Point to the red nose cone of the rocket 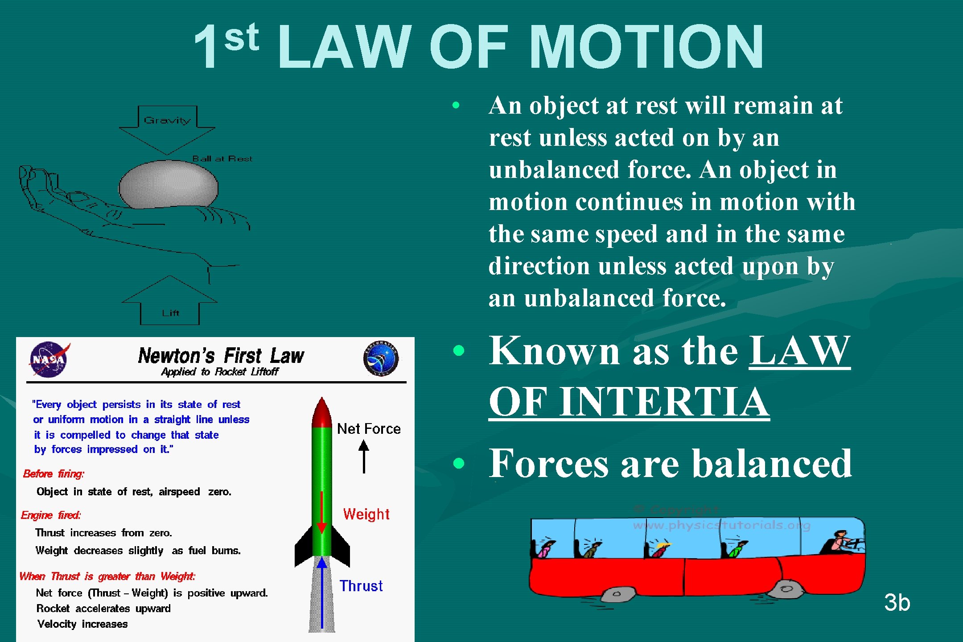321,412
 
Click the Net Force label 369,429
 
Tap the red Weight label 366,514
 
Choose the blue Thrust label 361,586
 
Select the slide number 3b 897,602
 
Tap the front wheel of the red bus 786,589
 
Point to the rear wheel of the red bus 617,594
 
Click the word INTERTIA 664,402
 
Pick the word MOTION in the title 646,47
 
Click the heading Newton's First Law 221,356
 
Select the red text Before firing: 53,473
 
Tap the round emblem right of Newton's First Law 381,358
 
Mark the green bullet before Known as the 458,350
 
